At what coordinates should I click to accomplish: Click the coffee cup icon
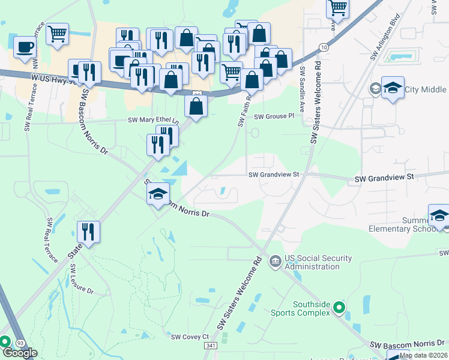[25, 47]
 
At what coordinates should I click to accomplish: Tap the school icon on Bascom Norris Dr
[158, 194]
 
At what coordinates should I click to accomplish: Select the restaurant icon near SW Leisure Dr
[89, 232]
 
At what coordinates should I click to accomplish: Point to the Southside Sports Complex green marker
[339, 308]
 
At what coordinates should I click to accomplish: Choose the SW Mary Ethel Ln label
[154, 120]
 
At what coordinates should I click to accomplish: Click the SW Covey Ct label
[190, 337]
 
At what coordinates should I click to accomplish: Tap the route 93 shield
[20, 343]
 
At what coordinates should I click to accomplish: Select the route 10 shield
[324, 47]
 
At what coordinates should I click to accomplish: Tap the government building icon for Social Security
[275, 260]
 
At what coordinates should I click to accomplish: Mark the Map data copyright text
[423, 355]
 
